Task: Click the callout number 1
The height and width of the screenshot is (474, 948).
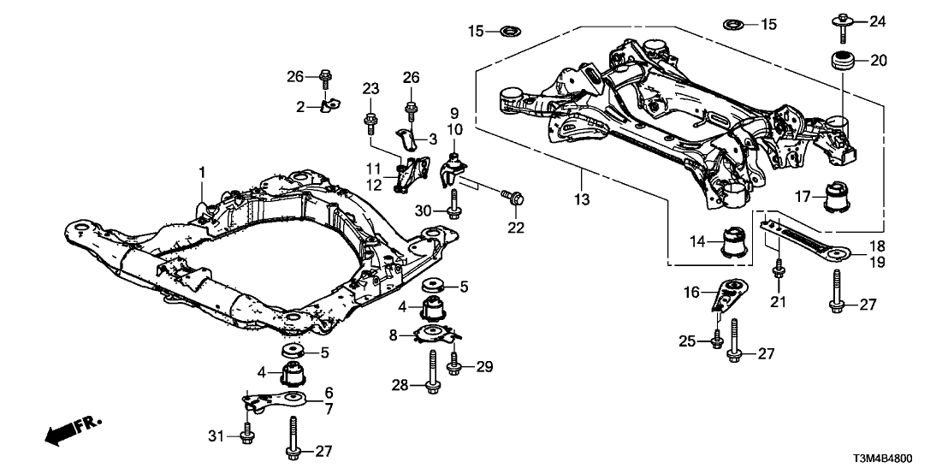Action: click(204, 173)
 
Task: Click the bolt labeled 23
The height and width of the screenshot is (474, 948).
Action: click(370, 119)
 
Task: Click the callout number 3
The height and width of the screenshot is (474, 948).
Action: click(434, 138)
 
